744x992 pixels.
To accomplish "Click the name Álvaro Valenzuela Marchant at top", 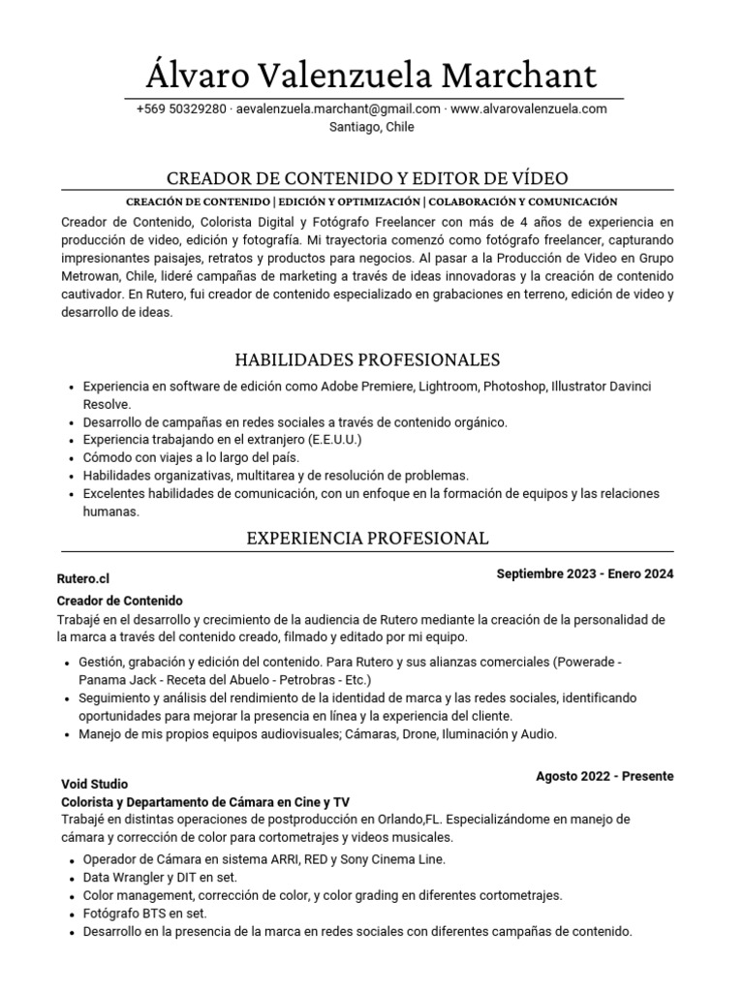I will click(372, 75).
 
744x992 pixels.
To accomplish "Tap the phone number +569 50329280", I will click(181, 109).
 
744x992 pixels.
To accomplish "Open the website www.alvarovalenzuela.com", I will click(529, 109).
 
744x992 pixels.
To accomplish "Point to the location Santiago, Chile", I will click(372, 127).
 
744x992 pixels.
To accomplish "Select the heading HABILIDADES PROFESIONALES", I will click(367, 359).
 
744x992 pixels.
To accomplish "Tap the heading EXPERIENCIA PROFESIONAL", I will click(367, 538).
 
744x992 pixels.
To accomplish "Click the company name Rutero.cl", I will click(83, 578).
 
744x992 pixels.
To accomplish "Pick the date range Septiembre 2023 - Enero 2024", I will click(584, 574).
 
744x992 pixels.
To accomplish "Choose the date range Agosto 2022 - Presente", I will click(604, 776).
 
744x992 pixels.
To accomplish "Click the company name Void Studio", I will click(95, 784).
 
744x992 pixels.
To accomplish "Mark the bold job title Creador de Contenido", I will click(120, 601).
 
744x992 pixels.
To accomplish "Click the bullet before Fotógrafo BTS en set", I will click(73, 914).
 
